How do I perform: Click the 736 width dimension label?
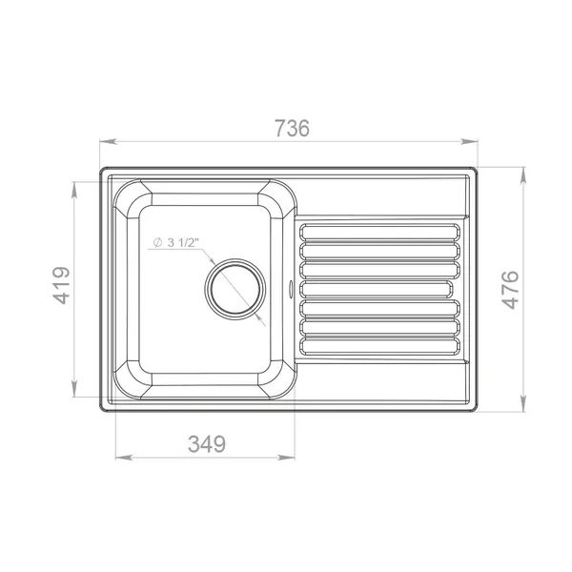pyautogui.click(x=292, y=128)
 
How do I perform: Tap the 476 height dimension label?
pyautogui.click(x=510, y=289)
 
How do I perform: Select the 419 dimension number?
pyautogui.click(x=62, y=286)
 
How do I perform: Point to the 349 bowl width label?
pyautogui.click(x=207, y=444)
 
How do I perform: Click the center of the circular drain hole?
pyautogui.click(x=235, y=289)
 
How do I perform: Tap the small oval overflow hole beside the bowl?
pyautogui.click(x=291, y=288)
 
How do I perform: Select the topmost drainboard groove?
pyautogui.click(x=379, y=232)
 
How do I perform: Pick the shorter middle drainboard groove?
pyautogui.click(x=377, y=289)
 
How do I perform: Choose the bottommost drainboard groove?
pyautogui.click(x=379, y=346)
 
